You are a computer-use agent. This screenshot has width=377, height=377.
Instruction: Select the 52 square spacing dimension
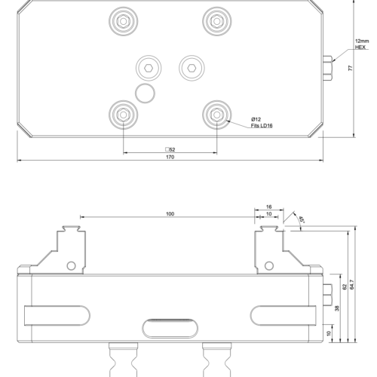[170, 150]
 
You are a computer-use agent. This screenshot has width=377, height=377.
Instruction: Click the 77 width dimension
[350, 68]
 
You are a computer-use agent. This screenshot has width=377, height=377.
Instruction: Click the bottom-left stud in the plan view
[122, 115]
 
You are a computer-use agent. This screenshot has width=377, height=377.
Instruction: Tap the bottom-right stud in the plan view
[216, 115]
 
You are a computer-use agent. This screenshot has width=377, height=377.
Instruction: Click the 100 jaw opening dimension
[170, 215]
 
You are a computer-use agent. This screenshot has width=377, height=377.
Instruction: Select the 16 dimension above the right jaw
[268, 206]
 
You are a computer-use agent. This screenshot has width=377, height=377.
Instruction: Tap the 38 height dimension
[336, 307]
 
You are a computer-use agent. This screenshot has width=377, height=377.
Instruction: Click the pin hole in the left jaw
[72, 265]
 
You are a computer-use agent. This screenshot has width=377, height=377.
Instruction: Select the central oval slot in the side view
[170, 329]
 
